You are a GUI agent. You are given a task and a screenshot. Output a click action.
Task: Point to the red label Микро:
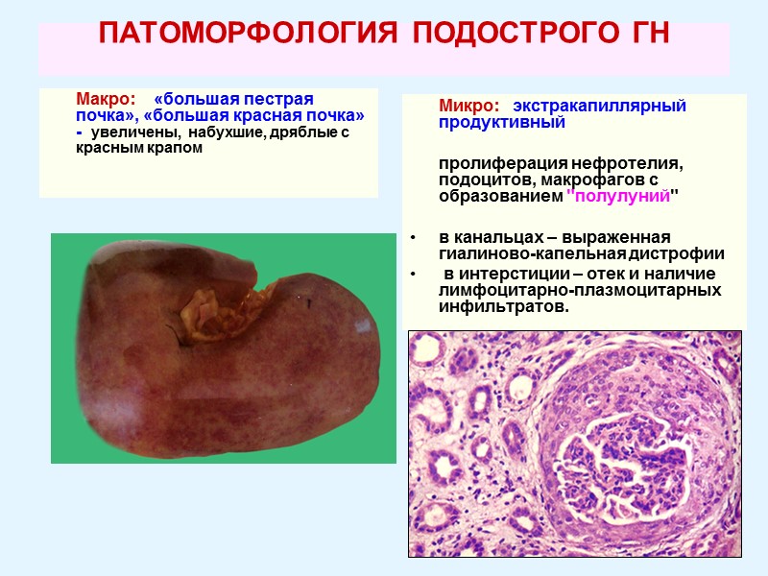(468, 106)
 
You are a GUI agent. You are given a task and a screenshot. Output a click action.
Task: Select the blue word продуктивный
(502, 123)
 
